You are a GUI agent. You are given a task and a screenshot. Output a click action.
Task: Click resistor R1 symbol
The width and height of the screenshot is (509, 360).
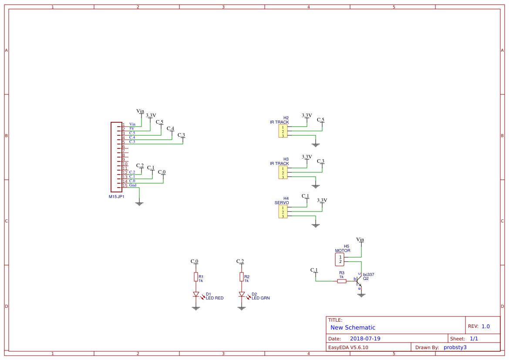coord(196,277)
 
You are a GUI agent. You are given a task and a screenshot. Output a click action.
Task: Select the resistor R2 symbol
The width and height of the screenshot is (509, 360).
coord(242,277)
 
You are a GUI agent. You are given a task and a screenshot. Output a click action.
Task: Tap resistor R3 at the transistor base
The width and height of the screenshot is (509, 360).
coord(342,281)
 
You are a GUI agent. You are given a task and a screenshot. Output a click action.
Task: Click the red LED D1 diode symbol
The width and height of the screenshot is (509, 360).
coord(196,295)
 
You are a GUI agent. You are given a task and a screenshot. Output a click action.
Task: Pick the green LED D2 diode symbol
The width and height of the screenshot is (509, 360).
coord(242,295)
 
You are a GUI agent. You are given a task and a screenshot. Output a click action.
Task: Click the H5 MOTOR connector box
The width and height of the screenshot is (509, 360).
coord(340,259)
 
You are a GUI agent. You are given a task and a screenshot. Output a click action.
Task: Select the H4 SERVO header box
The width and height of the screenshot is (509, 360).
coord(283,212)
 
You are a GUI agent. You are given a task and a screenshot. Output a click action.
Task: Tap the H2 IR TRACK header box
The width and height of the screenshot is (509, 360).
coord(283,131)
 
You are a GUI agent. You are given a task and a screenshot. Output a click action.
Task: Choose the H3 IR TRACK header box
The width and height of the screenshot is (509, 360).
coord(283,173)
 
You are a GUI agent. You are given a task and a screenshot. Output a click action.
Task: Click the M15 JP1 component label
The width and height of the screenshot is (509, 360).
coord(117,197)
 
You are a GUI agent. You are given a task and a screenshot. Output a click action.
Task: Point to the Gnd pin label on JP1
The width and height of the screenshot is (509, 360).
coord(133,185)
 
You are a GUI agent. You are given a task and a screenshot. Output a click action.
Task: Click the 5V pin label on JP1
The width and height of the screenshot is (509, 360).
coord(131,129)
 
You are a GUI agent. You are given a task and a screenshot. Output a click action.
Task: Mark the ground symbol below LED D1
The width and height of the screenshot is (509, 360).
coord(196,308)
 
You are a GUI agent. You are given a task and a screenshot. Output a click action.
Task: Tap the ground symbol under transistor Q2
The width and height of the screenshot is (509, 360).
coord(361,295)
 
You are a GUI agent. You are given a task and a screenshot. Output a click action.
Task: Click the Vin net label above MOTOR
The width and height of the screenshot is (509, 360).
coord(360,240)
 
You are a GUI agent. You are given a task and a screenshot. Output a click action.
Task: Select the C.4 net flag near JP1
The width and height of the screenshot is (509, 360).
coord(171,129)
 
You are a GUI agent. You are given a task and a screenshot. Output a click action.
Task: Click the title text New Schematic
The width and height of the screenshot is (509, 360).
coord(353,327)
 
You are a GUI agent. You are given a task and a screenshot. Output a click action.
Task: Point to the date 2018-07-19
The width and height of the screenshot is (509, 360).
coord(365,339)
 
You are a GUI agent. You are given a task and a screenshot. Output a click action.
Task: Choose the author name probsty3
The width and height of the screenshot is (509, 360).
coord(455,347)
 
